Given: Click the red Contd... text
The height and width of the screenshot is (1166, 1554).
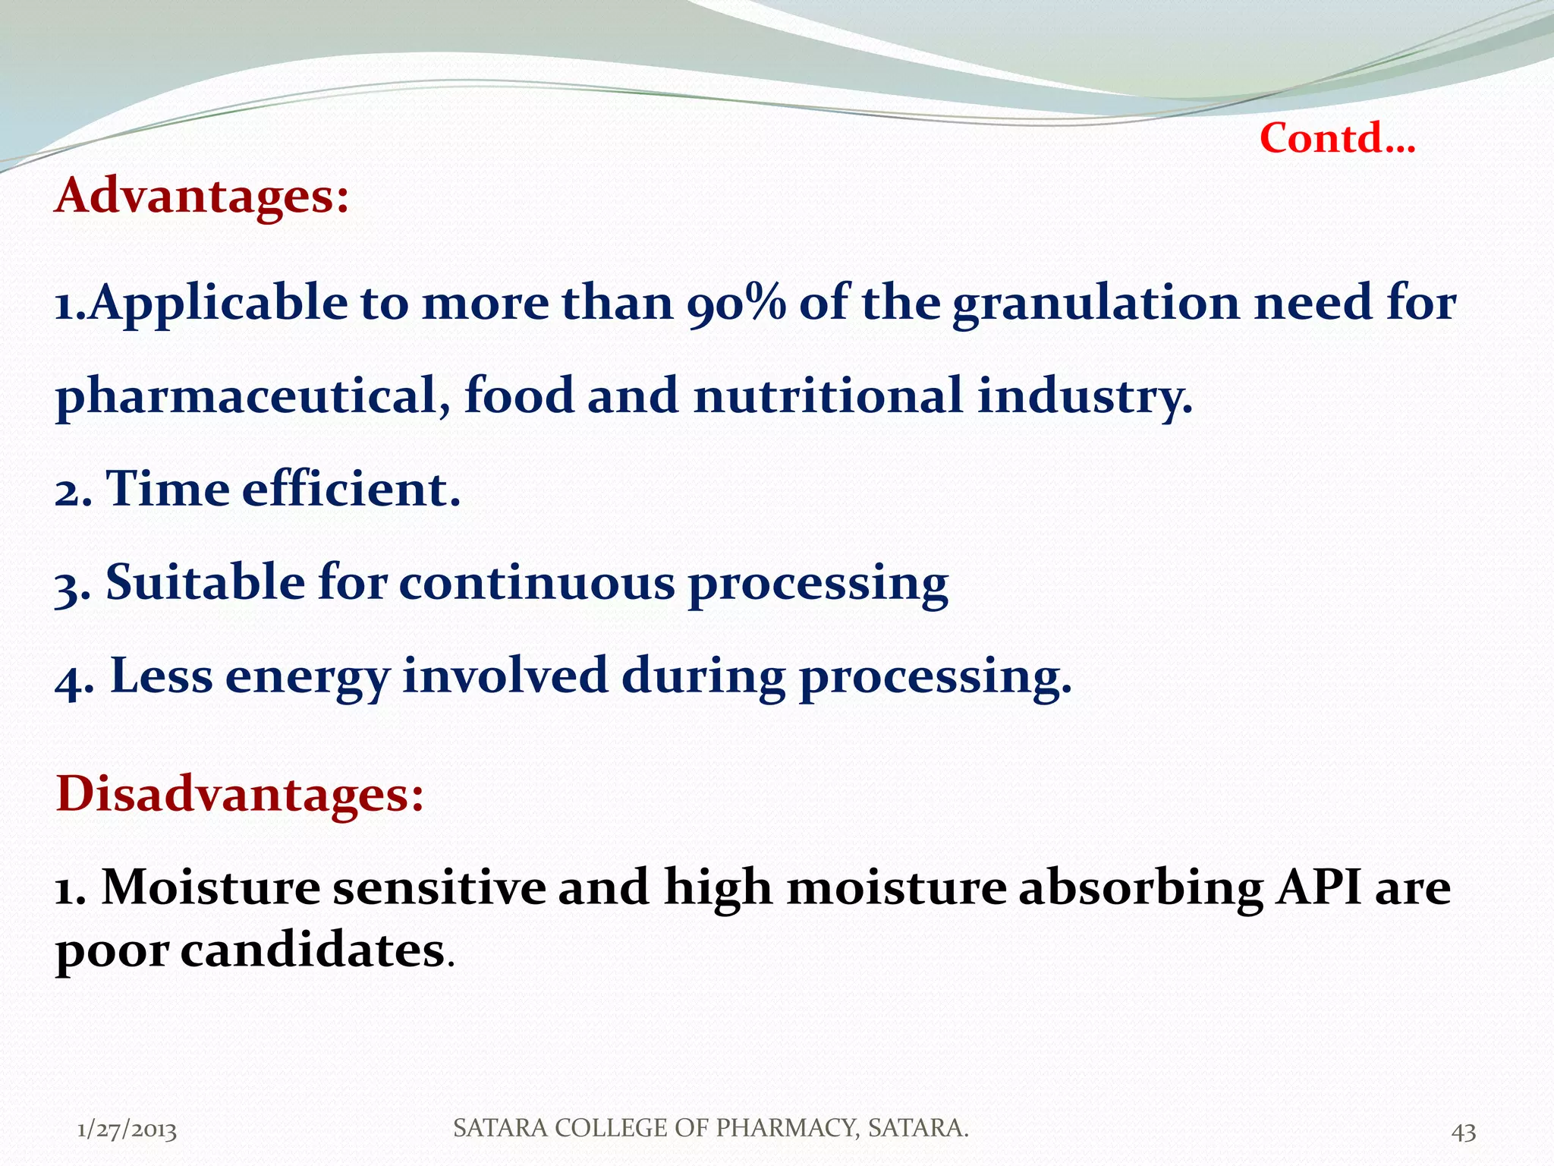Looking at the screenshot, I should [1337, 139].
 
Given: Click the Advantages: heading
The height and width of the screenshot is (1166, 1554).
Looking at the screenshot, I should [202, 196].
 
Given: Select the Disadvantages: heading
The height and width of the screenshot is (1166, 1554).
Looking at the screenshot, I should [239, 794].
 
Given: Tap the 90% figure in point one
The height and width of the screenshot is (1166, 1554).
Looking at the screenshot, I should [736, 303].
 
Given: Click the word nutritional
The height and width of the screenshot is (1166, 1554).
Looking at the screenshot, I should [828, 396].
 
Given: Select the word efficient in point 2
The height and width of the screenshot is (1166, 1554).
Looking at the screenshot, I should [351, 489].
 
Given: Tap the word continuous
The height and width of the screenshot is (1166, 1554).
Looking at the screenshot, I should [536, 583].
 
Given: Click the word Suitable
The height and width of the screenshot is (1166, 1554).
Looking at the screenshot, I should [205, 583].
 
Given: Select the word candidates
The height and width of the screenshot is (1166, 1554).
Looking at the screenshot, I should [312, 950].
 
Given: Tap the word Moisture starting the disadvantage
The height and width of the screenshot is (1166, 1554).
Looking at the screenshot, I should [211, 887].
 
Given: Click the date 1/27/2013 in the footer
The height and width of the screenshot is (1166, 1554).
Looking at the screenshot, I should [127, 1130].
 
